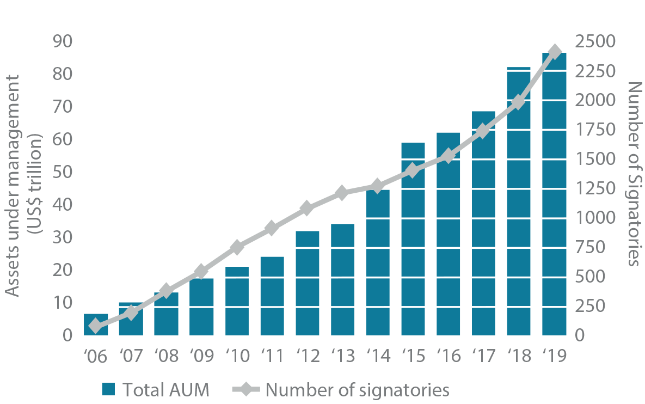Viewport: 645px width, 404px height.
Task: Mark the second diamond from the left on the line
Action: pyautogui.click(x=131, y=313)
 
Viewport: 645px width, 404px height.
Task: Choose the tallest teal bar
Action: pyautogui.click(x=555, y=191)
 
